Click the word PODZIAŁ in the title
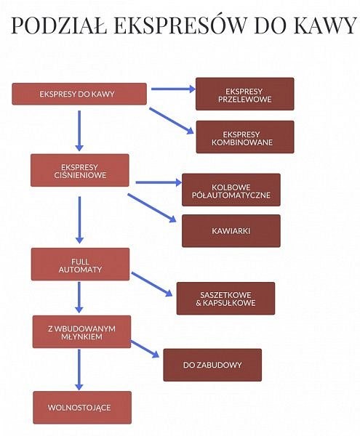[x=59, y=25]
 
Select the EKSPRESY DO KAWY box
[x=79, y=94]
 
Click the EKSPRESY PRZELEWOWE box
[x=245, y=94]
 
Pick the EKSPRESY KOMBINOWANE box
[x=245, y=137]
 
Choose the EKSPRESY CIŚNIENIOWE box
[x=80, y=170]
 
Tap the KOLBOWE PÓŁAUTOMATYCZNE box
[x=231, y=190]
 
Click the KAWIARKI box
[x=231, y=231]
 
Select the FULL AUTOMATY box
[x=81, y=265]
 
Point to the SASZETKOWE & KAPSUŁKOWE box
[x=225, y=299]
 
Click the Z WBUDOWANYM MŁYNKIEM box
[x=81, y=332]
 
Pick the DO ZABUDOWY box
[x=212, y=365]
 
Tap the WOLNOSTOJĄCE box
[x=82, y=408]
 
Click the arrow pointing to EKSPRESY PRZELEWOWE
[x=173, y=89]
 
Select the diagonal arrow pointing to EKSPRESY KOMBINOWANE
[x=172, y=121]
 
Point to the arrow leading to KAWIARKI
[x=152, y=208]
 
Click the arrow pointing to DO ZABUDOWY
[x=145, y=349]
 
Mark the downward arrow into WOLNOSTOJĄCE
[x=79, y=370]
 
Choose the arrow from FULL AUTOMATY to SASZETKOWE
[x=152, y=284]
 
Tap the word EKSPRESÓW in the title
[x=180, y=25]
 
